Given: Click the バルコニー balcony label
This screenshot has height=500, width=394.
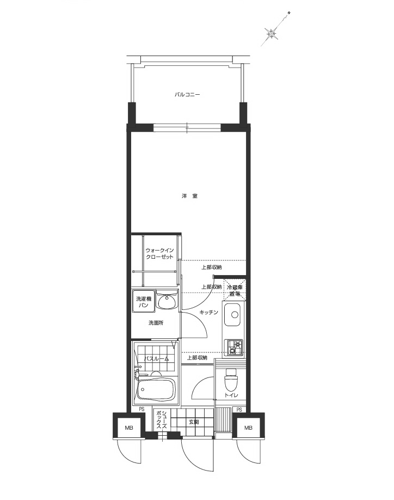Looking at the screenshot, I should [x=187, y=94].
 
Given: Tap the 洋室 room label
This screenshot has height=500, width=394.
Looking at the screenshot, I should [x=189, y=196].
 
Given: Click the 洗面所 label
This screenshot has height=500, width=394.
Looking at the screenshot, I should [x=156, y=323].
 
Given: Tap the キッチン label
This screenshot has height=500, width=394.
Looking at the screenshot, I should [x=208, y=312].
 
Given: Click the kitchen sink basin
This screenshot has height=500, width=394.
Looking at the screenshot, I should [x=233, y=314].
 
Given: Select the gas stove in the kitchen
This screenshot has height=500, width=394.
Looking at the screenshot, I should [x=235, y=347].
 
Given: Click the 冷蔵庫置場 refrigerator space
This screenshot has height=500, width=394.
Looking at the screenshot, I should [x=236, y=290].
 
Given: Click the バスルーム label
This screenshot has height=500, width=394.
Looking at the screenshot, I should [x=156, y=358].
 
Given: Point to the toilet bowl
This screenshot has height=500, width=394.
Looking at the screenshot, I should [x=231, y=377].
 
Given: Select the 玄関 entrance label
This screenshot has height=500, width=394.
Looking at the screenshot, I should [x=194, y=422].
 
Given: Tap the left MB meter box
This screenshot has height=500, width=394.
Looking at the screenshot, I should [x=129, y=428].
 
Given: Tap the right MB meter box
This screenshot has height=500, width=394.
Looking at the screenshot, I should [x=248, y=428].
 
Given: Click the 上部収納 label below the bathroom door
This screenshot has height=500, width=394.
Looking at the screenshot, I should [x=197, y=358].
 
